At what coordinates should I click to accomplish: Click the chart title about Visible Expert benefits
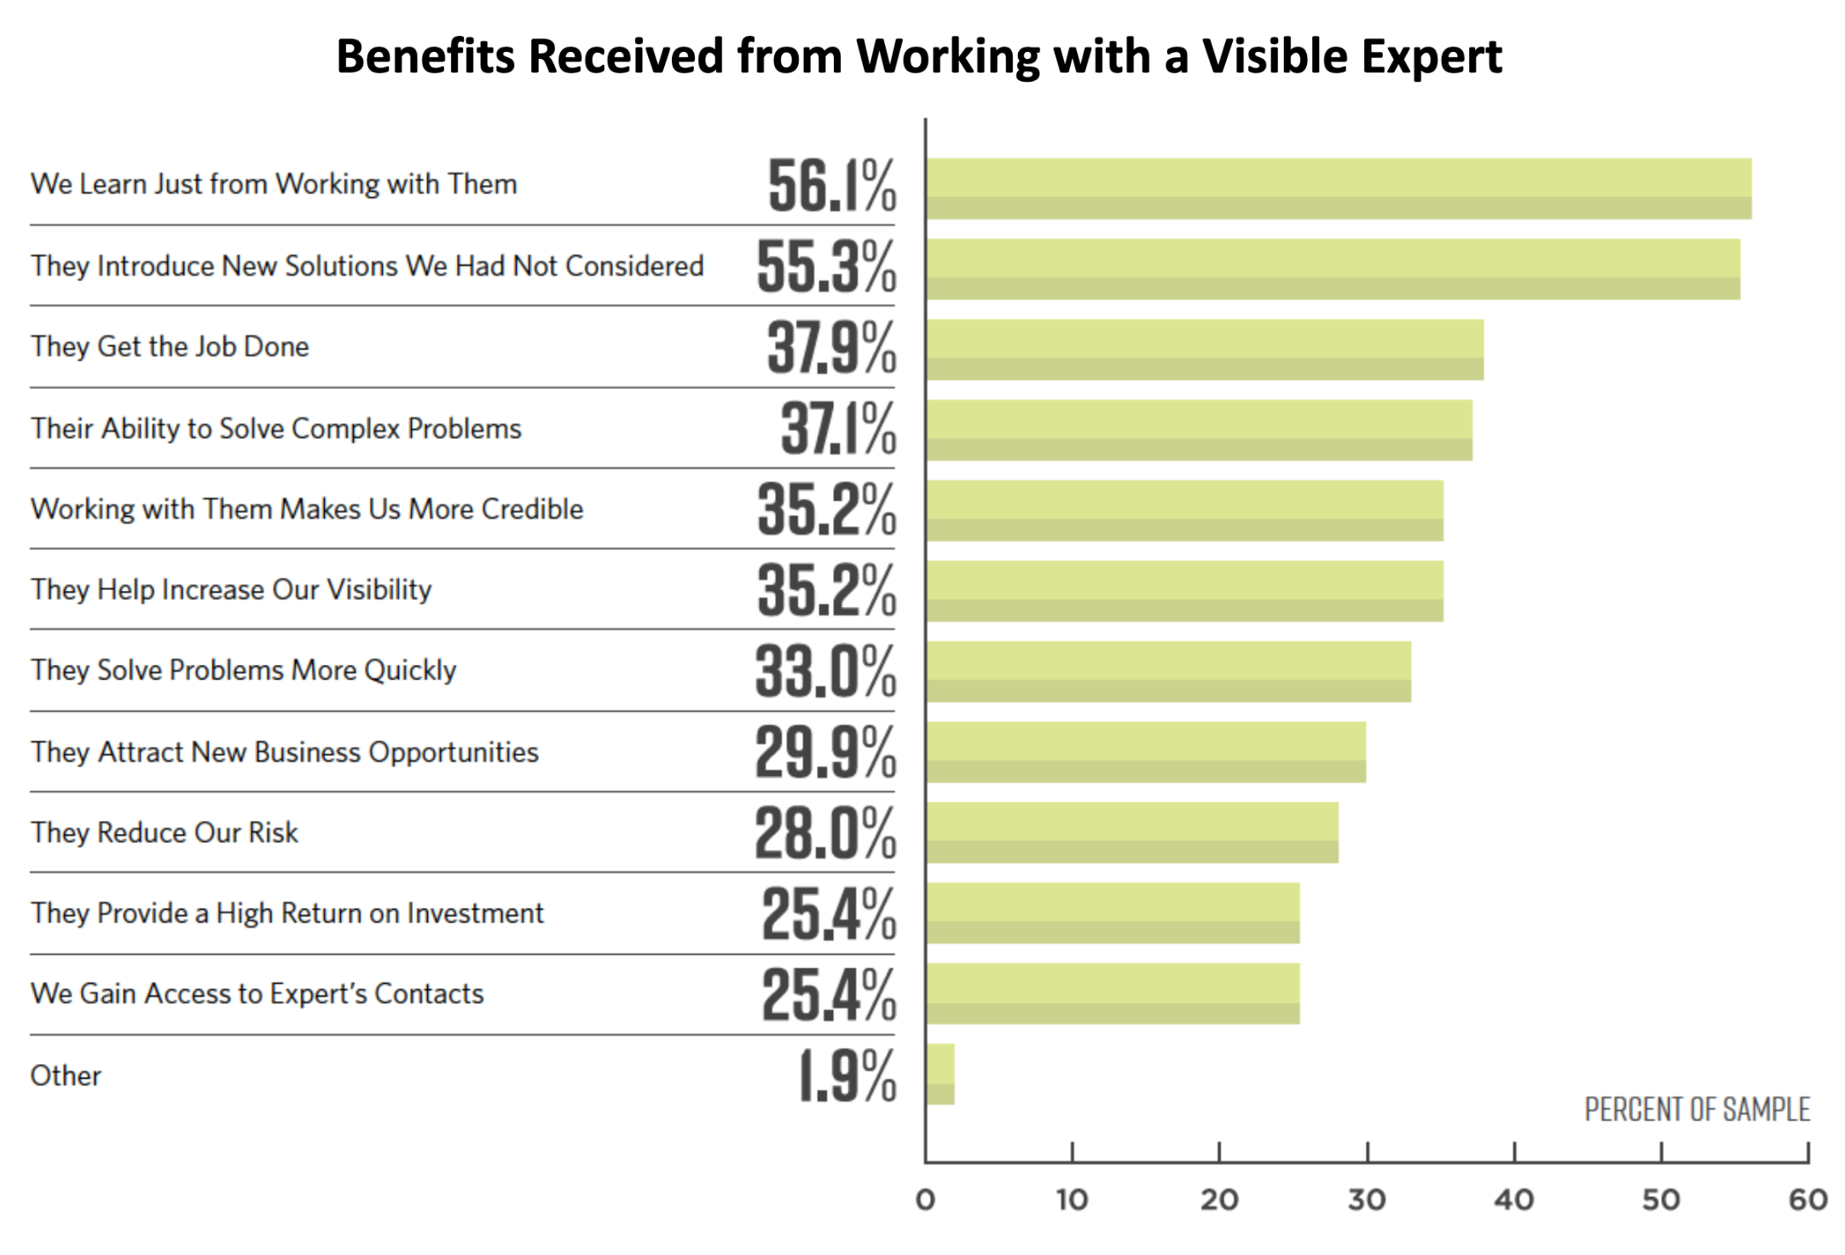[918, 57]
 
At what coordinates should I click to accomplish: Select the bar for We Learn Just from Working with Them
[1339, 188]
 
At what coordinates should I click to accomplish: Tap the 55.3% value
[825, 267]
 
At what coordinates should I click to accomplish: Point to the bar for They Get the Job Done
[1205, 350]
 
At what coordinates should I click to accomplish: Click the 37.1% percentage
[837, 429]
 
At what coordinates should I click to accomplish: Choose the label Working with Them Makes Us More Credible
[307, 509]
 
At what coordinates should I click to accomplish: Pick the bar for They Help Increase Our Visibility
[1185, 591]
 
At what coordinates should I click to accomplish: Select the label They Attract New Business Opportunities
[285, 752]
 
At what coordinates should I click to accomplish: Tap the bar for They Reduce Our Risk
[1132, 832]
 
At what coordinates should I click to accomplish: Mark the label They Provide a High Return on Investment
[287, 913]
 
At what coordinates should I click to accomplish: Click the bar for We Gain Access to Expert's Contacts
[1113, 993]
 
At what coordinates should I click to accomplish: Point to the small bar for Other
[940, 1074]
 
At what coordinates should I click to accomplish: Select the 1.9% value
[847, 1076]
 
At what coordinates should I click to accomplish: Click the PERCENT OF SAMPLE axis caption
[1697, 1109]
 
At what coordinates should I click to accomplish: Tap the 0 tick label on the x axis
[925, 1200]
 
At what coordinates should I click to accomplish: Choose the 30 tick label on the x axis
[1367, 1200]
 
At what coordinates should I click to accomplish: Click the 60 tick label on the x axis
[1807, 1200]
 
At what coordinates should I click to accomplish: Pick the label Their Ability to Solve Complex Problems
[276, 428]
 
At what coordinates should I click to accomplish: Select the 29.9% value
[824, 753]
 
